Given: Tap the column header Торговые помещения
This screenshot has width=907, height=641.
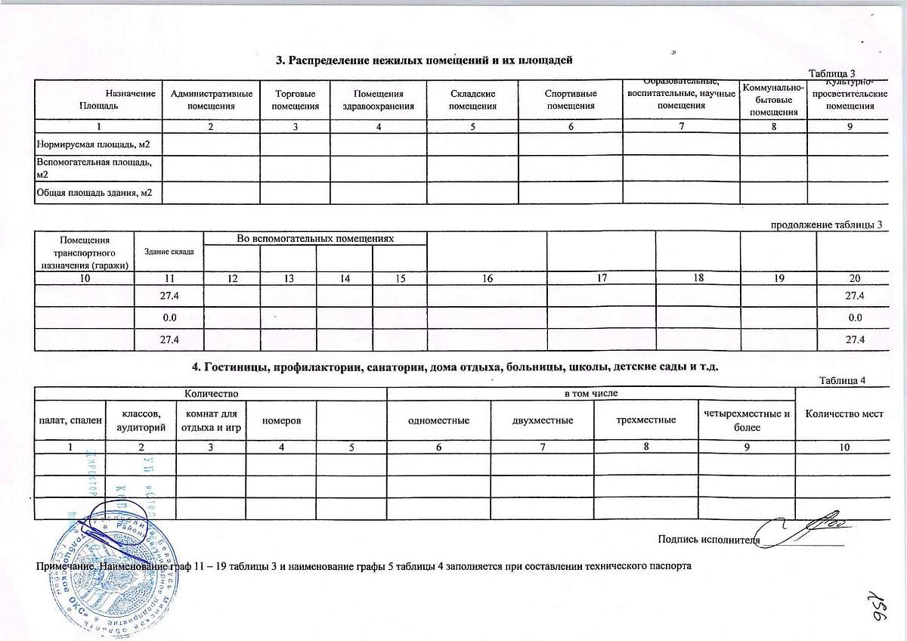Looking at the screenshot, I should (295, 100).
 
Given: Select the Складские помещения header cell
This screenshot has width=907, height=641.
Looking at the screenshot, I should (472, 100).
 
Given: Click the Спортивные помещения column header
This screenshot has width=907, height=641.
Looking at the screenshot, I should (571, 100).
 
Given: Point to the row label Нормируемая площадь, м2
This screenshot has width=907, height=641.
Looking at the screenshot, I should (94, 143).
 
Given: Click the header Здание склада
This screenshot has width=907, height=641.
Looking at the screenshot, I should (169, 251).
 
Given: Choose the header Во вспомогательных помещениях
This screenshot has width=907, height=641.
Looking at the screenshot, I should (315, 238).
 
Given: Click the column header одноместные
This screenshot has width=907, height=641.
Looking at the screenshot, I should (438, 420).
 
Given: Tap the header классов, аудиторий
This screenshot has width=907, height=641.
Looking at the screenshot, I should (141, 420).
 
